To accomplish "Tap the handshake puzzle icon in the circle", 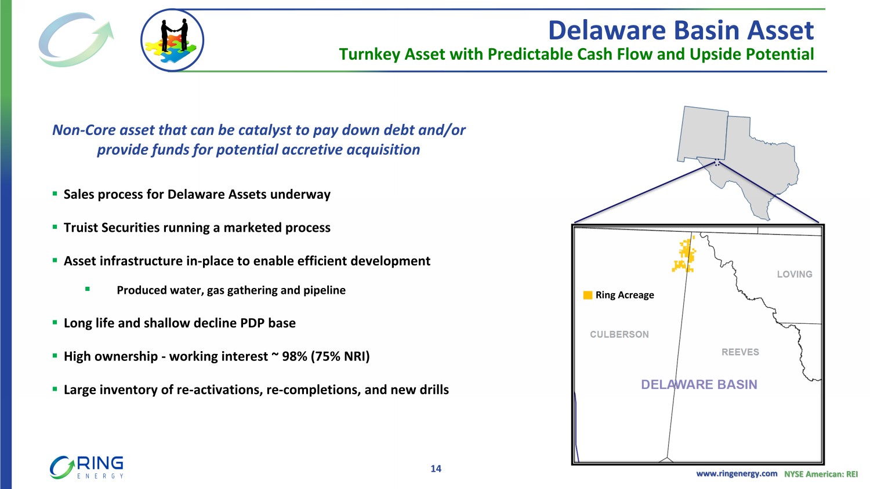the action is pyautogui.click(x=172, y=41).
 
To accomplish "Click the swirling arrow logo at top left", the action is pyautogui.click(x=76, y=39).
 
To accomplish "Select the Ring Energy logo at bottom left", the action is pyautogui.click(x=86, y=467).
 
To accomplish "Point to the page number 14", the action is pyautogui.click(x=436, y=469).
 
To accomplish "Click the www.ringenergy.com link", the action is pyautogui.click(x=737, y=474).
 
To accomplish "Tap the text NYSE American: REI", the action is pyautogui.click(x=821, y=474).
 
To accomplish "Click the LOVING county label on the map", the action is pyautogui.click(x=795, y=275).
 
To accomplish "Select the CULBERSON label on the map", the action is pyautogui.click(x=619, y=334).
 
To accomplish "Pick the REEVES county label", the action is pyautogui.click(x=740, y=352).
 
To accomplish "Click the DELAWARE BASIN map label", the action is pyautogui.click(x=699, y=385).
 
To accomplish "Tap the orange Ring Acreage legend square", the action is pyautogui.click(x=588, y=295).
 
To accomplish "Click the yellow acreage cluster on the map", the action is pyautogui.click(x=684, y=256).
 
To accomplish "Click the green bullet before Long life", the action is pyautogui.click(x=55, y=322).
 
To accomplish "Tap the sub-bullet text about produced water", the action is pyautogui.click(x=231, y=290).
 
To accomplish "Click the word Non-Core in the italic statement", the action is pyautogui.click(x=84, y=130).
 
